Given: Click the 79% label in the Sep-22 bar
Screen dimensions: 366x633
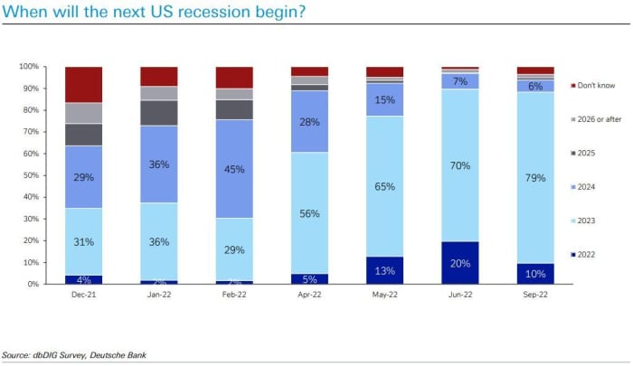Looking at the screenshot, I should pyautogui.click(x=534, y=178).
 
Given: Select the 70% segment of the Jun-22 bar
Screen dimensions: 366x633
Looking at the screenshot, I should pyautogui.click(x=459, y=165).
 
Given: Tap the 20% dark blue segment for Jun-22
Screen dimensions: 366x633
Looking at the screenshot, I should pyautogui.click(x=459, y=262).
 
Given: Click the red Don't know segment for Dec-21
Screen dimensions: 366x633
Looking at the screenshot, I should pyautogui.click(x=83, y=84).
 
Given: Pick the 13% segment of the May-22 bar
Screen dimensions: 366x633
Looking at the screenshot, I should pyautogui.click(x=384, y=270).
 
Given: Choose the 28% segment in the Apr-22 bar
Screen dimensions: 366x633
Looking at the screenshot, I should pyautogui.click(x=309, y=121).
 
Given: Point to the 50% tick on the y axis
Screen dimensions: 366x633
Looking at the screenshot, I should pyautogui.click(x=31, y=175).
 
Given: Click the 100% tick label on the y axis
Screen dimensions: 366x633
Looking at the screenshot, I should pyautogui.click(x=29, y=67).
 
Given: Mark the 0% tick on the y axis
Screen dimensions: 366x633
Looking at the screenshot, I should pyautogui.click(x=33, y=284).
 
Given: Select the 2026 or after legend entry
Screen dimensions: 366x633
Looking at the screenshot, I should pyautogui.click(x=597, y=119).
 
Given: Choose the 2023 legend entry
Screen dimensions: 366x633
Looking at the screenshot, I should pyautogui.click(x=588, y=220).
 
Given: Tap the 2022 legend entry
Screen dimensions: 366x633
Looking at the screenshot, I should pyautogui.click(x=588, y=255).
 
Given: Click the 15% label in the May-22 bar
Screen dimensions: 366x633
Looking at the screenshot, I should pyautogui.click(x=384, y=99).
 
